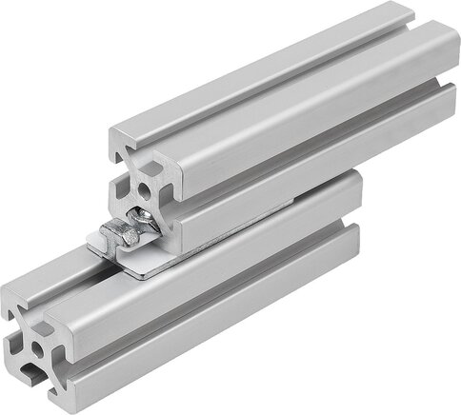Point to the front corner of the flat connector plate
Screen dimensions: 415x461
[142, 275]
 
